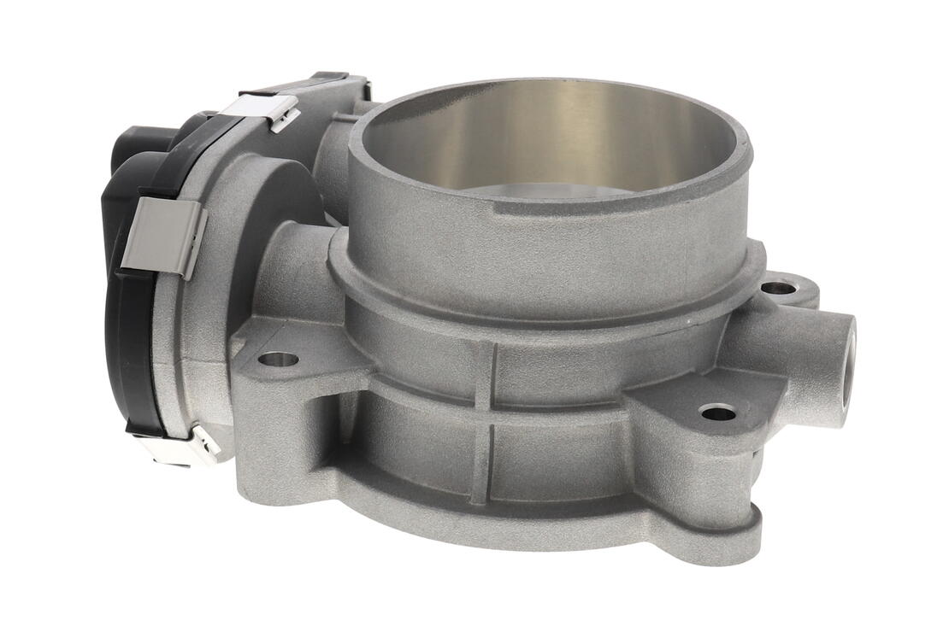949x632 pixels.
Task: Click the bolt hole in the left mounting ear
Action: click(x=278, y=360)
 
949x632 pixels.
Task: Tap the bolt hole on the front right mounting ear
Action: click(x=717, y=413)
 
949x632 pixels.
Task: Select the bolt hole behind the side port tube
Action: click(x=778, y=288)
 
